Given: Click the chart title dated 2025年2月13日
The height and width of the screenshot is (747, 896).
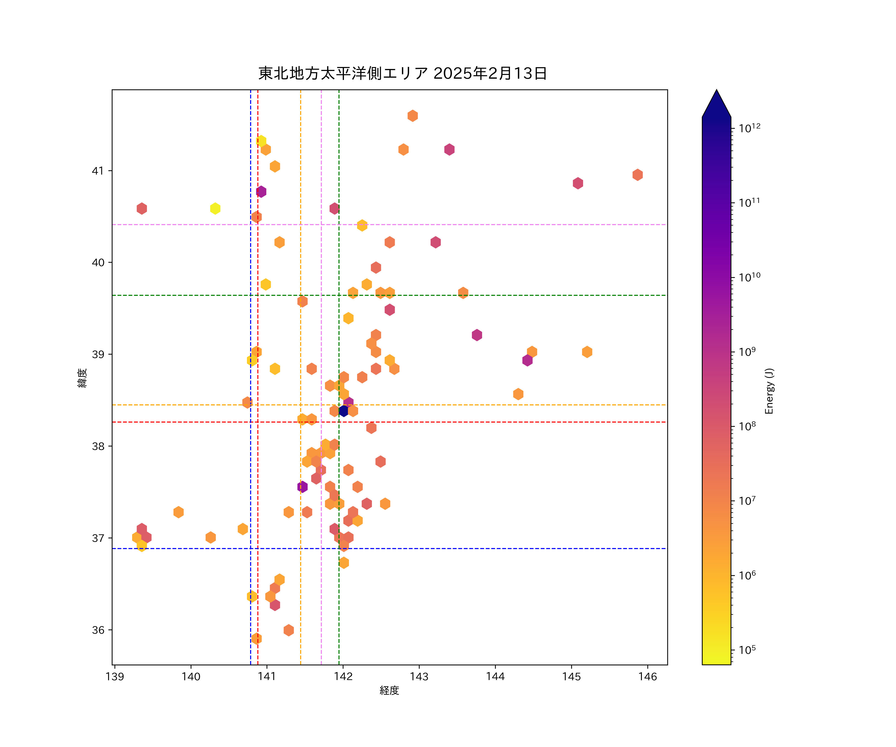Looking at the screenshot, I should pyautogui.click(x=402, y=73).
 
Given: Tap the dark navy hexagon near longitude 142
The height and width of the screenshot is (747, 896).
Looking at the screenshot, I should pyautogui.click(x=343, y=411).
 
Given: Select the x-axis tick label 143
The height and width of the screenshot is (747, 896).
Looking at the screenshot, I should pyautogui.click(x=419, y=677).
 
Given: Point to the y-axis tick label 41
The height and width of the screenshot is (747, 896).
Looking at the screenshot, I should pyautogui.click(x=98, y=171).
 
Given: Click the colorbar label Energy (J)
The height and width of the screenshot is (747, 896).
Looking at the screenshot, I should pyautogui.click(x=769, y=391).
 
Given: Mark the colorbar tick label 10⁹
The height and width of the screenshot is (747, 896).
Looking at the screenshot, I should pyautogui.click(x=747, y=352).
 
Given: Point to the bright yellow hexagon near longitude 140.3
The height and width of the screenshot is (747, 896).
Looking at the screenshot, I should pyautogui.click(x=215, y=208).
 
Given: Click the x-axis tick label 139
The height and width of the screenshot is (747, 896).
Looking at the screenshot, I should pyautogui.click(x=115, y=677).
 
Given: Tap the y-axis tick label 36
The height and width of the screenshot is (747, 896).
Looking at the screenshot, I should pyautogui.click(x=98, y=630).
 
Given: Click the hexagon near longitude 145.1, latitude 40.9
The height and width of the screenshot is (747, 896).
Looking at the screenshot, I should pyautogui.click(x=578, y=183).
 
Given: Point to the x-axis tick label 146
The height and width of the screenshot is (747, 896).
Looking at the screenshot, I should pyautogui.click(x=648, y=677).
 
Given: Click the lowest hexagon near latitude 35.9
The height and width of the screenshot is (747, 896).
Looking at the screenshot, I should pyautogui.click(x=256, y=639).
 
